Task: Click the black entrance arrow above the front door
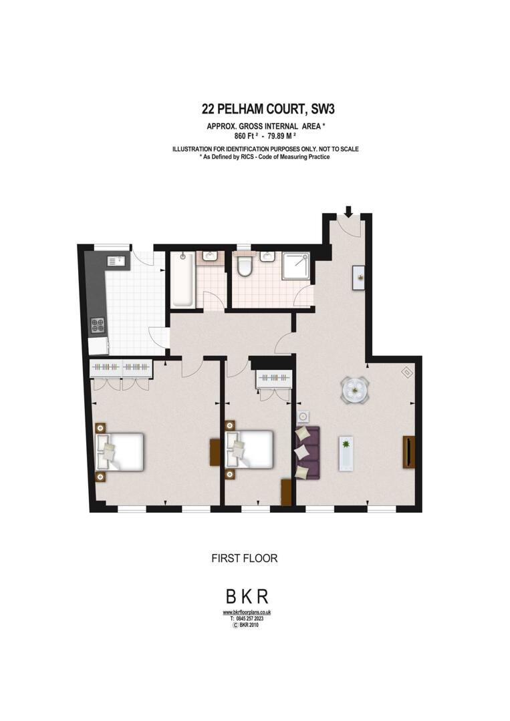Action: coord(348,211)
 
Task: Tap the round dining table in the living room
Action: coord(354,390)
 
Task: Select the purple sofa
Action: coord(307,453)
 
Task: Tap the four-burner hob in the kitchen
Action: coord(98,325)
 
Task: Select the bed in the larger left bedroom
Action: coord(122,452)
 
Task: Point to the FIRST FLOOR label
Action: coord(244,558)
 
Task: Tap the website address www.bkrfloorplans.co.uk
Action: coord(247,612)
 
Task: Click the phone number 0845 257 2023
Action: coord(249,619)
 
